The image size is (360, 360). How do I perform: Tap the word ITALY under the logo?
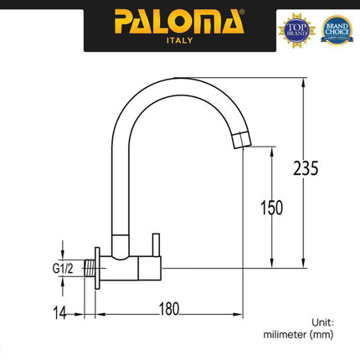pyautogui.click(x=180, y=40)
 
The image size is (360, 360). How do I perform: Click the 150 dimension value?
pyautogui.click(x=272, y=207)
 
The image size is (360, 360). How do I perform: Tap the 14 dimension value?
pyautogui.click(x=57, y=311)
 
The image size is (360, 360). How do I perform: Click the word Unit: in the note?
pyautogui.click(x=321, y=321)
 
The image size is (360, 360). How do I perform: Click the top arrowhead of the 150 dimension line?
pyautogui.click(x=272, y=148)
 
